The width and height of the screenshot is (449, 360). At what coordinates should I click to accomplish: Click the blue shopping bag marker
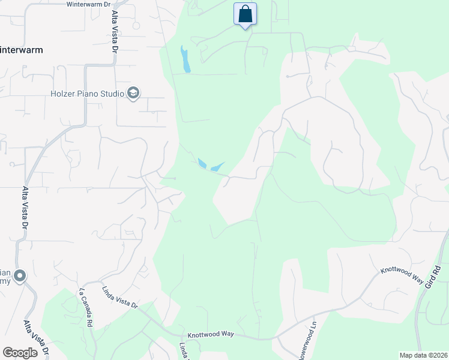coord(245,14)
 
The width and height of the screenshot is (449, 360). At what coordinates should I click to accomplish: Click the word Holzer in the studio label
coord(64,94)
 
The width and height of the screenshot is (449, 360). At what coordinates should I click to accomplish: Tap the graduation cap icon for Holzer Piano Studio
coord(133,93)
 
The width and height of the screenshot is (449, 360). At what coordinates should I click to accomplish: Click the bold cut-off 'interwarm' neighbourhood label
coord(22,50)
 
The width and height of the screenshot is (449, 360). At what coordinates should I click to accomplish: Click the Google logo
coord(20,352)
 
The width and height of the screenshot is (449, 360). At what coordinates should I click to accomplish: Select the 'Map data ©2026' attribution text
coord(423,355)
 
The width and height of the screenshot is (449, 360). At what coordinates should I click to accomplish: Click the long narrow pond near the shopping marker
coord(185,59)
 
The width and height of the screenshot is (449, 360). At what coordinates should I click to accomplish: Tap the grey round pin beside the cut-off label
coord(20,276)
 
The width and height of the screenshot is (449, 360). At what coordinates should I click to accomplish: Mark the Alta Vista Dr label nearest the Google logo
coord(37,340)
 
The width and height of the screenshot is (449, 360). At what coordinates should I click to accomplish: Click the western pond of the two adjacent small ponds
coord(202,163)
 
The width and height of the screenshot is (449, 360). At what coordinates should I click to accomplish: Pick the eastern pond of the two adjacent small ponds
coord(217,167)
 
